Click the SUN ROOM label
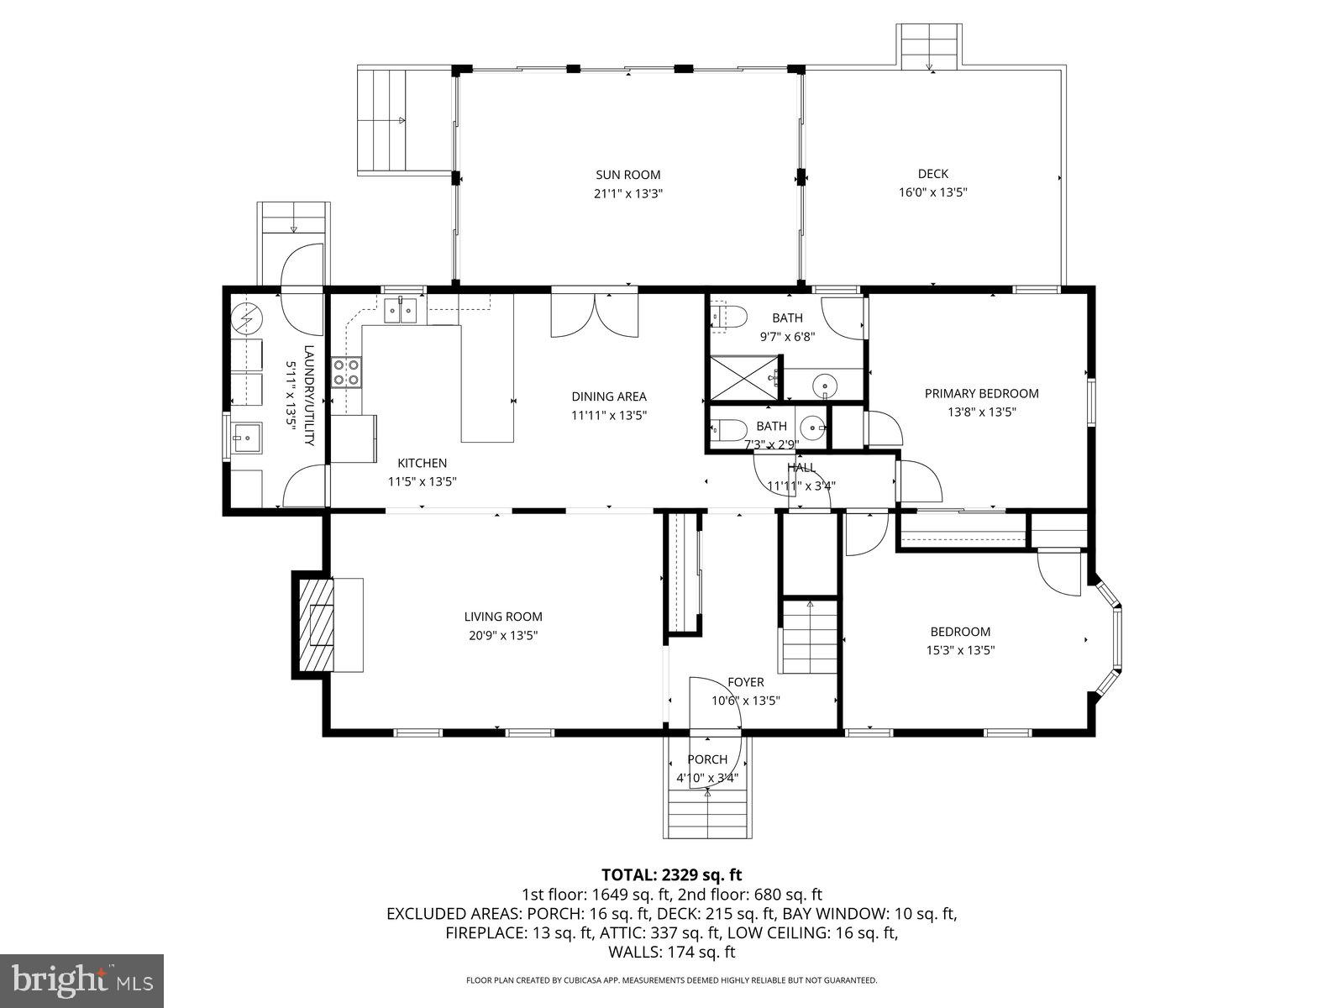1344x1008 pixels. pos(627,175)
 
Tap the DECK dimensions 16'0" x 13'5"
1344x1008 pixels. pos(932,192)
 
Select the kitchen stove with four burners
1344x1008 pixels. pos(346,372)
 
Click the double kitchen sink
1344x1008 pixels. pos(401,312)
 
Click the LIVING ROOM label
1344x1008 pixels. pos(503,617)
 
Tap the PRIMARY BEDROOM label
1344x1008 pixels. pos(981,393)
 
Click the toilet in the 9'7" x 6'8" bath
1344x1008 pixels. pos(728,318)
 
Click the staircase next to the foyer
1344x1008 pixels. pos(810,638)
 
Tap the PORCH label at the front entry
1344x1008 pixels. pos(707,759)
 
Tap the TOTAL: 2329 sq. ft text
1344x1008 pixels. pos(671,875)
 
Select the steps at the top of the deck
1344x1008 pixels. pos(929,49)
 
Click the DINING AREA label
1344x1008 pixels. pos(609,396)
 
